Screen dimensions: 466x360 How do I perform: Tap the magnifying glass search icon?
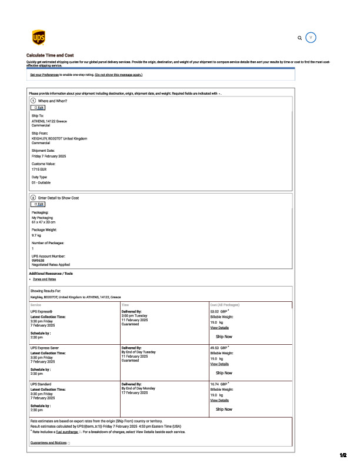(x=300, y=38)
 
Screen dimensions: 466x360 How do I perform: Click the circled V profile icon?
(x=312, y=37)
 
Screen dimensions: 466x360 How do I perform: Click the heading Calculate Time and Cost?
(x=50, y=55)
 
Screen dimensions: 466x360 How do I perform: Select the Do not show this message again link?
(x=118, y=75)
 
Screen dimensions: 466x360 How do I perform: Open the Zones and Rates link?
(x=45, y=279)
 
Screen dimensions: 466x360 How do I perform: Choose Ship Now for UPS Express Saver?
(x=224, y=373)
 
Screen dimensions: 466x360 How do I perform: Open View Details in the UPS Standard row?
(x=219, y=400)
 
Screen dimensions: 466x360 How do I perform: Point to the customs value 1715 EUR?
(x=40, y=169)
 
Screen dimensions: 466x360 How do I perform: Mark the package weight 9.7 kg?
(x=36, y=235)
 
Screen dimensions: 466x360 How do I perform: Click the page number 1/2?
(x=344, y=455)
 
